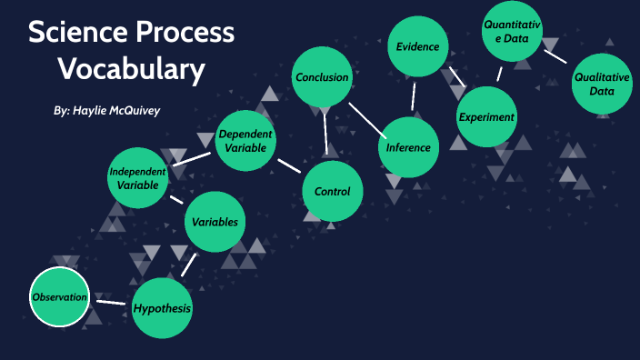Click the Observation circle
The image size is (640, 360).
(x=60, y=297)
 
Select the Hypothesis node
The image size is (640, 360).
(x=163, y=308)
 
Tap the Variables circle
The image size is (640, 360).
(x=215, y=222)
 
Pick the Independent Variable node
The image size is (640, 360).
(x=138, y=178)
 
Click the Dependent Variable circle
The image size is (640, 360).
(x=245, y=141)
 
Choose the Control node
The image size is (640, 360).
(x=332, y=191)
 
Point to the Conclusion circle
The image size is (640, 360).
(x=322, y=77)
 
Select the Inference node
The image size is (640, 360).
(x=408, y=147)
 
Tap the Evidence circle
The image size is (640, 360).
(x=418, y=46)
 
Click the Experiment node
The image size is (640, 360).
(x=486, y=116)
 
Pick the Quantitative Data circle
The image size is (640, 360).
(x=511, y=32)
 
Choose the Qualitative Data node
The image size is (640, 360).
(x=601, y=85)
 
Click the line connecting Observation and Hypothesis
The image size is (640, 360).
(x=111, y=302)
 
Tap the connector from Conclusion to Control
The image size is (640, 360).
(x=326, y=134)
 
